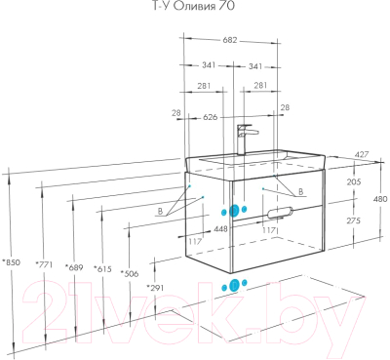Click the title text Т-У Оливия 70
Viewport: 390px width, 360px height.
[194, 8]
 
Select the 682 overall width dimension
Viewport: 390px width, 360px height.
[230, 40]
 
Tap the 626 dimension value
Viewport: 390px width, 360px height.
[210, 116]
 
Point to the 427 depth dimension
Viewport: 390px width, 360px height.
[360, 154]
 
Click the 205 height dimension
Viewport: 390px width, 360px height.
[352, 181]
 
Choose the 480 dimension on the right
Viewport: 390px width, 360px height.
[379, 199]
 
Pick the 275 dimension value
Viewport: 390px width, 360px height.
[352, 220]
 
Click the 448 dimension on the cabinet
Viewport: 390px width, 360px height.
[220, 229]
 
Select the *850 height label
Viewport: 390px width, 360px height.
[11, 261]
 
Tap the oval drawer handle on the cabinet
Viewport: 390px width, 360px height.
[279, 212]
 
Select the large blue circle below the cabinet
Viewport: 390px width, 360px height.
[232, 286]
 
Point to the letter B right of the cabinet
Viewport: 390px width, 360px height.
[300, 192]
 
